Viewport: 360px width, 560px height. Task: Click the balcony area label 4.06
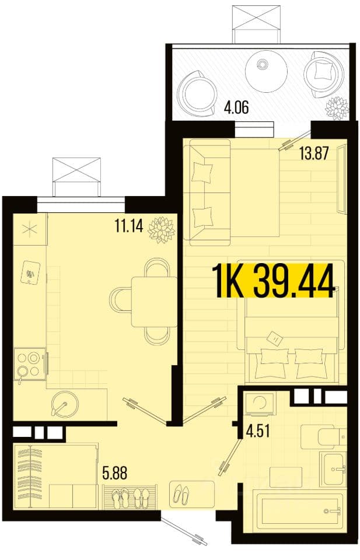point(236,107)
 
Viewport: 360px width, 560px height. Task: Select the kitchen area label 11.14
point(129,226)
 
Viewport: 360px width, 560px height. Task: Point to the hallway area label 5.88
point(114,474)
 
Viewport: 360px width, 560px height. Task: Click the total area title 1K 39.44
point(274,281)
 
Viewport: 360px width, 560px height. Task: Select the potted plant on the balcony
point(337,107)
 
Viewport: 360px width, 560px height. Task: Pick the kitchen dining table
point(154,302)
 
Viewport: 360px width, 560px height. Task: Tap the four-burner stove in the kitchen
point(29,364)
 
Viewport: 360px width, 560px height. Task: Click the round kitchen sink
point(64,404)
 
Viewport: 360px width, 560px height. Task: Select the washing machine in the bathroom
point(261,404)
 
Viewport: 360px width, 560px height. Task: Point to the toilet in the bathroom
point(323,437)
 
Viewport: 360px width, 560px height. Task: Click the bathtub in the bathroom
point(298,511)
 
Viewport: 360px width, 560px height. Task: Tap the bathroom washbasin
point(333,469)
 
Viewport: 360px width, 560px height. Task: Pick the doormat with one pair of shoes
point(192,494)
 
